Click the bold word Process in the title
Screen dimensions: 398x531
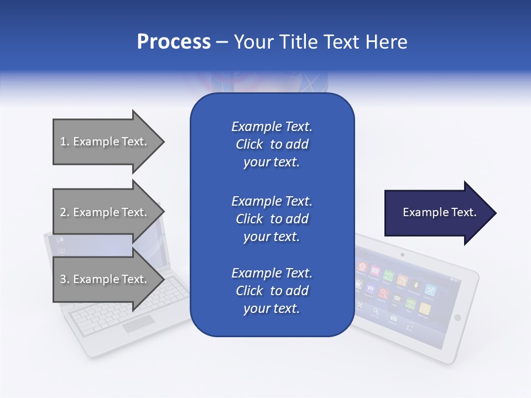[x=174, y=42]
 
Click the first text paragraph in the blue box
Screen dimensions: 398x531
[x=272, y=144]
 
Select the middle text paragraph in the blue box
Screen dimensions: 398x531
[x=272, y=218]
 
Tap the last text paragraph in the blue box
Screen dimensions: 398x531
[x=272, y=291]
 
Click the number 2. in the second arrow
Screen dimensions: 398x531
[x=64, y=212]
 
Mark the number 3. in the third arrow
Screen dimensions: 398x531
[x=64, y=279]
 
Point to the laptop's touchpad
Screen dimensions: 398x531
[x=138, y=324]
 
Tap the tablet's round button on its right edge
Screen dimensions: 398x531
[x=457, y=317]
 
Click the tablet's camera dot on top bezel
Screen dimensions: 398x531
[x=402, y=255]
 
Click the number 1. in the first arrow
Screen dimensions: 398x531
[x=64, y=142]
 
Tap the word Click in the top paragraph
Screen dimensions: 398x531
[x=249, y=144]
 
